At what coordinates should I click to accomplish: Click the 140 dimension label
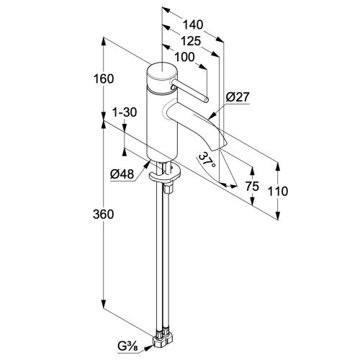[193, 24]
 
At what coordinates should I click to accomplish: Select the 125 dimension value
[191, 41]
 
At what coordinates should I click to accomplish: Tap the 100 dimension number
[184, 57]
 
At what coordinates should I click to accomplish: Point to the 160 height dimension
[104, 78]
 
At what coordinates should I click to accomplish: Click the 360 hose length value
[104, 214]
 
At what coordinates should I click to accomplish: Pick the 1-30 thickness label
[125, 112]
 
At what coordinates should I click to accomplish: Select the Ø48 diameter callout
[122, 174]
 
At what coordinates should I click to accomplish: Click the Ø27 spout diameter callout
[238, 97]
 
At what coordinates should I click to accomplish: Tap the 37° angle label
[207, 161]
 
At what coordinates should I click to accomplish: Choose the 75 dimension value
[252, 186]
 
